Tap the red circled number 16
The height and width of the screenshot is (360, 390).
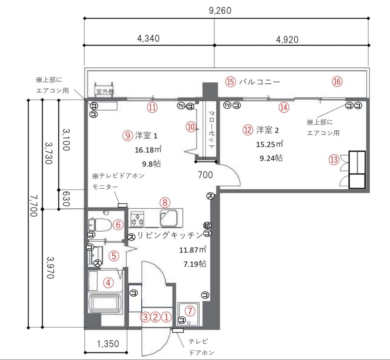pos(337,81)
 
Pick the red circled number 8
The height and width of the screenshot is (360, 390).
pos(164,202)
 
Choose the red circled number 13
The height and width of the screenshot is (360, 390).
pos(334,160)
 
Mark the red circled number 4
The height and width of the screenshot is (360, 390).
pos(109,283)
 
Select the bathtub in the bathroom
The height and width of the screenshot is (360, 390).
pos(105,303)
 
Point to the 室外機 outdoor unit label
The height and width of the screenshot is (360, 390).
pos(104,92)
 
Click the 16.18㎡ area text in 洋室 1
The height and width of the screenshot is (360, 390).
pos(148,150)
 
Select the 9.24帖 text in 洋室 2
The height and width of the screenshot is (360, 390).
pos(271,158)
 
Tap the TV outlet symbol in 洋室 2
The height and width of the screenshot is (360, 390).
pos(227,105)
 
